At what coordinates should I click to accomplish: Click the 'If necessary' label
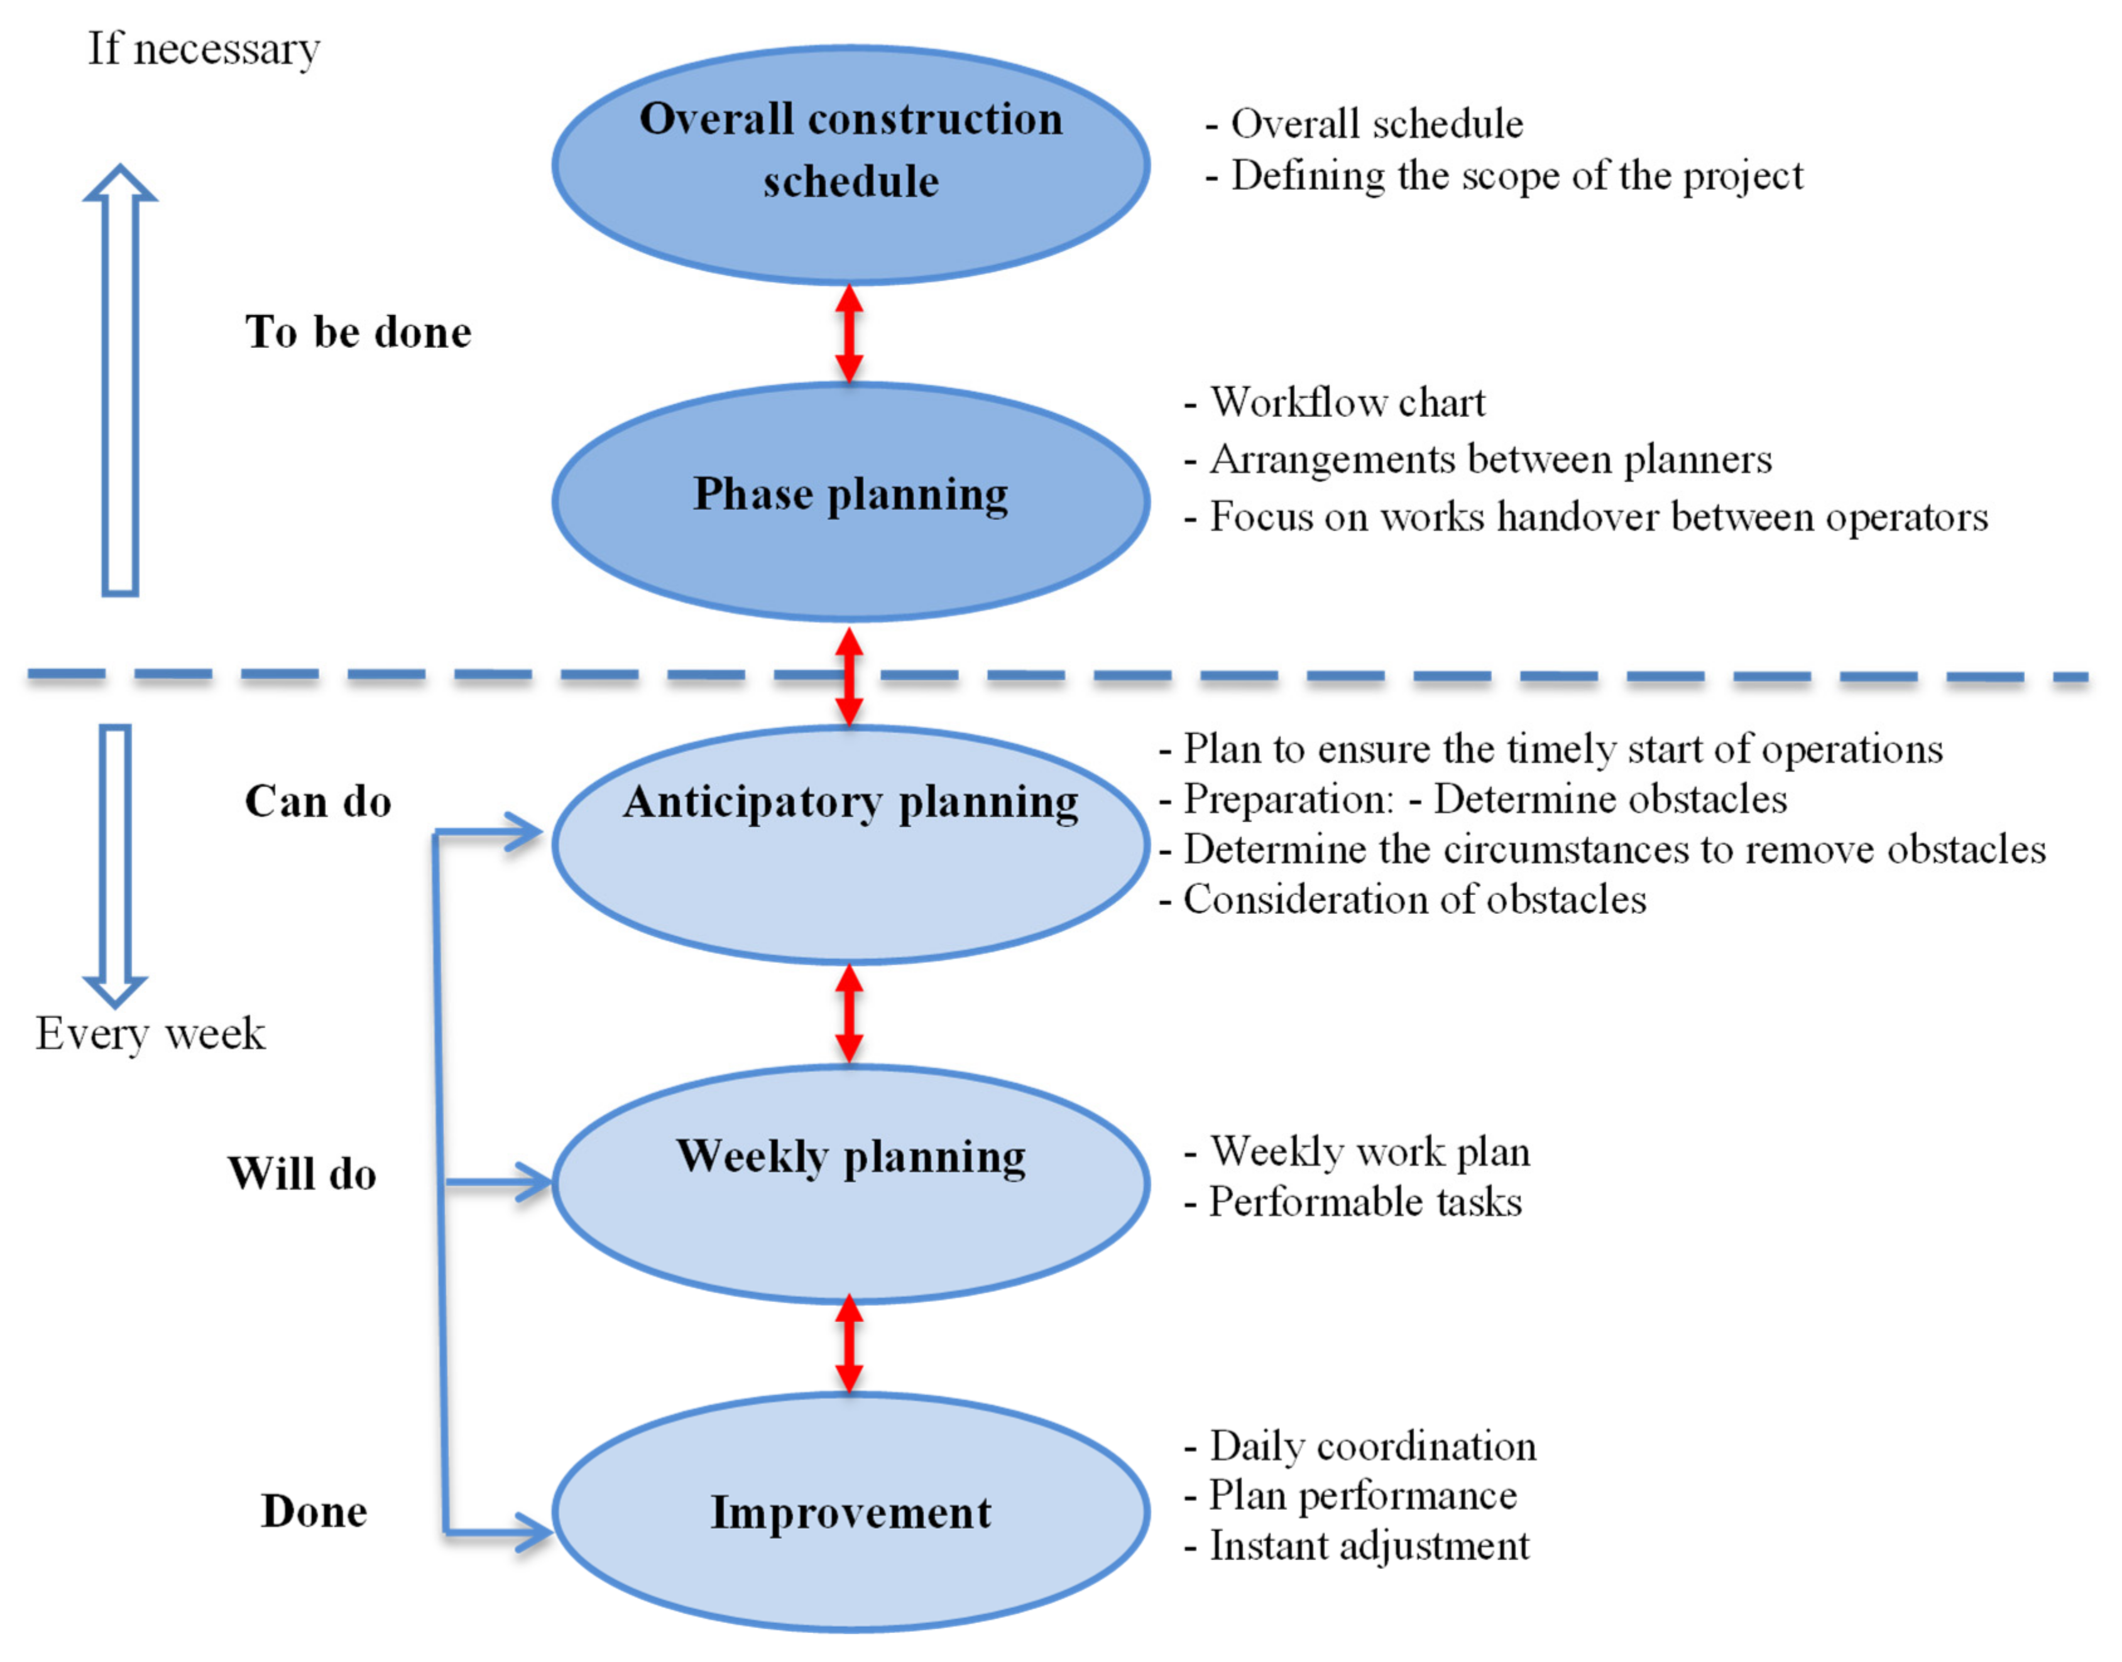(x=204, y=48)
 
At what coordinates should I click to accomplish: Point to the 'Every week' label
(x=150, y=1033)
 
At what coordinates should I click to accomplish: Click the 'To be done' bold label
(x=358, y=332)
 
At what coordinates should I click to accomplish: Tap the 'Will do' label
(x=302, y=1173)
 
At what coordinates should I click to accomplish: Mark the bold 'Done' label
(x=314, y=1511)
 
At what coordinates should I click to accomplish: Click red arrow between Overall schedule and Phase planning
(x=849, y=333)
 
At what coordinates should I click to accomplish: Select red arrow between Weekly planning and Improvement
(x=849, y=1343)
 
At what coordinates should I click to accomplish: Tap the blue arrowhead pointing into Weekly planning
(x=533, y=1182)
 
